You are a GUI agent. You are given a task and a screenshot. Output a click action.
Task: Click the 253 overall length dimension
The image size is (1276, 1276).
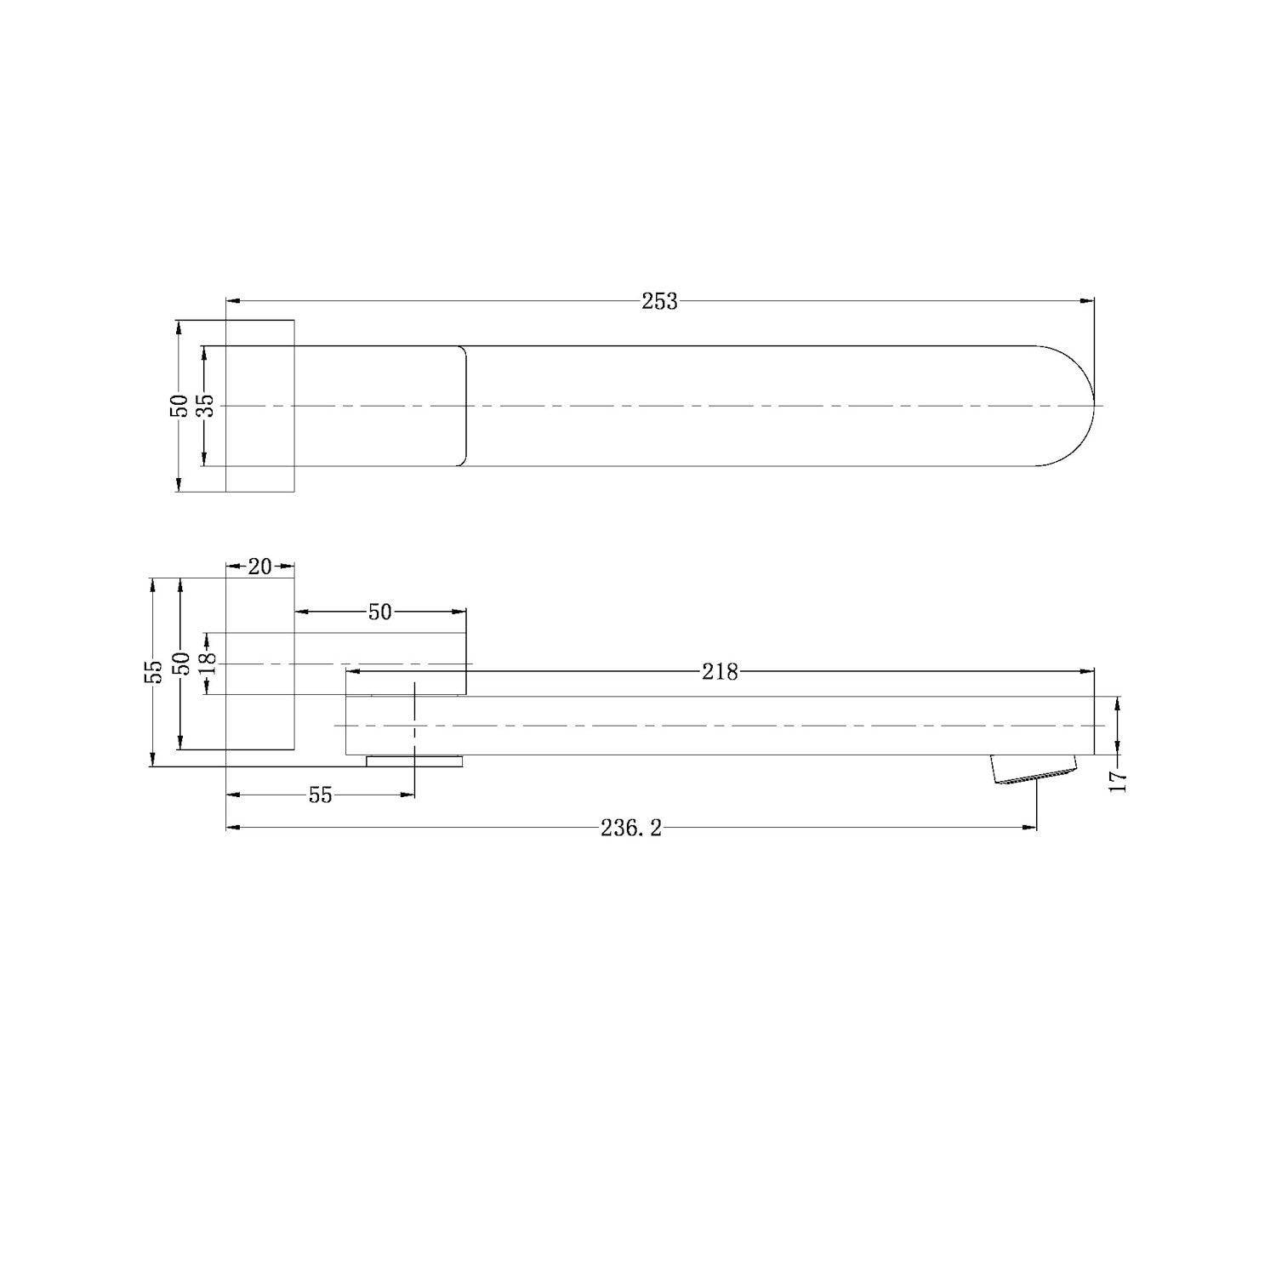(x=659, y=301)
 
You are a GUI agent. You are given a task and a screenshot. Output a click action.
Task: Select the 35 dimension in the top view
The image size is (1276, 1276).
(x=205, y=407)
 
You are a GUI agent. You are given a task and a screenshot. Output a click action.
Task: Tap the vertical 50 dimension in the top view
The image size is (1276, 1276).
(x=179, y=406)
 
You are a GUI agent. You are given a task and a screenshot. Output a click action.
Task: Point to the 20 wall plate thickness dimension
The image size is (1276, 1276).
(x=259, y=567)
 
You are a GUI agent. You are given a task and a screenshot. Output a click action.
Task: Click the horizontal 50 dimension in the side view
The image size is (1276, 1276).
(x=379, y=612)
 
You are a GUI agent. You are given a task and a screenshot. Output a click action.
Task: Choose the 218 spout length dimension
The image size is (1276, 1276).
(x=720, y=672)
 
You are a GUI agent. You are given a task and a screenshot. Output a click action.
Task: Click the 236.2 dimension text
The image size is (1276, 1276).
(x=630, y=828)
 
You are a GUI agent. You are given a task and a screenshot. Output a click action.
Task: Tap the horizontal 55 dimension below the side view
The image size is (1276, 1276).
(x=320, y=795)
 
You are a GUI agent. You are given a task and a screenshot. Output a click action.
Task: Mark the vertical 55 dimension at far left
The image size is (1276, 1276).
(x=153, y=672)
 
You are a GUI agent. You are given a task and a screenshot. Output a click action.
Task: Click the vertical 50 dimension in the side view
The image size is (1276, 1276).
(x=179, y=664)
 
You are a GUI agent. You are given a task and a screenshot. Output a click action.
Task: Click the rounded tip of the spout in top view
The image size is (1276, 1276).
(x=1080, y=406)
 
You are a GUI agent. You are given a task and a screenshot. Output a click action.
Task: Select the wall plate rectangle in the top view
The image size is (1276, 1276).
(x=259, y=406)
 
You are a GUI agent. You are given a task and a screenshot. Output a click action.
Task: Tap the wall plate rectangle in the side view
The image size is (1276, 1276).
(x=259, y=664)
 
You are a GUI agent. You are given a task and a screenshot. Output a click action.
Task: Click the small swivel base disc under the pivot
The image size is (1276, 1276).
(x=415, y=760)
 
